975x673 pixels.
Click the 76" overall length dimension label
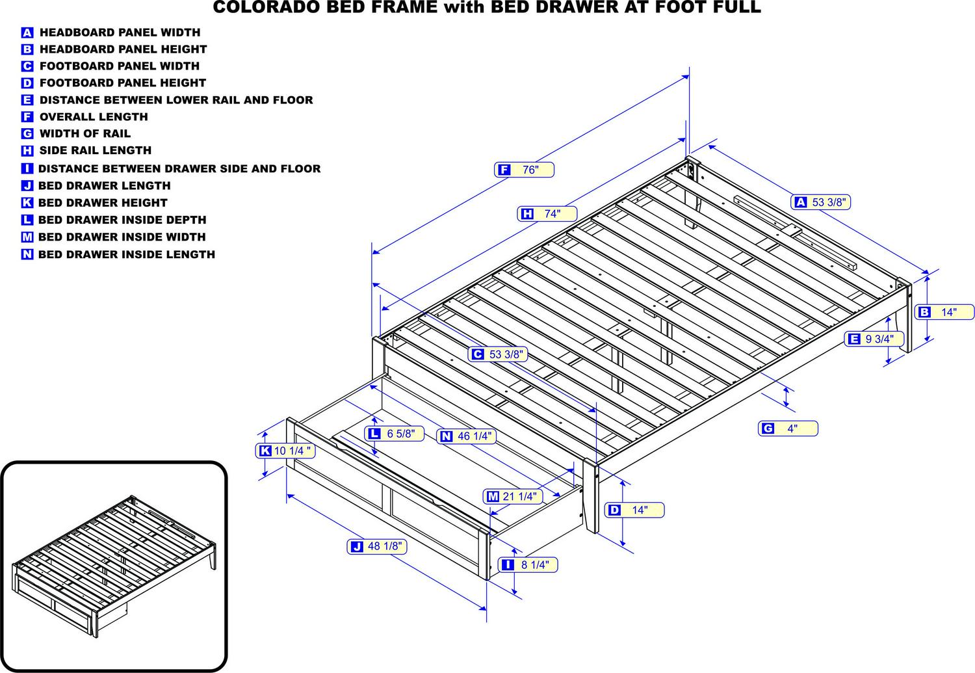pyautogui.click(x=524, y=169)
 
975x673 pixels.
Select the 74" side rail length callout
pyautogui.click(x=547, y=214)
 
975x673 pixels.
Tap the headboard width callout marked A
pyautogui.click(x=820, y=202)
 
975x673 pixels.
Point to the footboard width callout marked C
pyautogui.click(x=498, y=354)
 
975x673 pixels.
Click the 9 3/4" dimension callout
pyautogui.click(x=874, y=339)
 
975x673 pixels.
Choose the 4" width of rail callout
pyautogui.click(x=788, y=429)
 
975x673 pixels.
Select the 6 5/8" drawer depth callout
pyautogui.click(x=395, y=434)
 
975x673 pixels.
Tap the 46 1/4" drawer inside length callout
pyautogui.click(x=467, y=436)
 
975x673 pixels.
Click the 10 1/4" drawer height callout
pyautogui.click(x=285, y=451)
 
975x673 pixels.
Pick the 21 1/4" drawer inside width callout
pyautogui.click(x=513, y=496)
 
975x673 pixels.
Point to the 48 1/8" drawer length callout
pyautogui.click(x=377, y=546)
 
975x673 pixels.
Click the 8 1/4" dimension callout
pyautogui.click(x=528, y=564)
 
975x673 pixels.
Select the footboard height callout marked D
pyautogui.click(x=634, y=510)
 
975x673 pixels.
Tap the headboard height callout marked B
pyautogui.click(x=944, y=312)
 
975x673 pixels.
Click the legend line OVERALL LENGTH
pyautogui.click(x=85, y=116)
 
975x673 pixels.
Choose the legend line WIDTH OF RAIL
pyautogui.click(x=76, y=134)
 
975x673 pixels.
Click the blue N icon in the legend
pyautogui.click(x=27, y=254)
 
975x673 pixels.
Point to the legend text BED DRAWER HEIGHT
pyautogui.click(x=103, y=203)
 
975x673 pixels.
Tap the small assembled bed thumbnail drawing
pyautogui.click(x=114, y=566)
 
